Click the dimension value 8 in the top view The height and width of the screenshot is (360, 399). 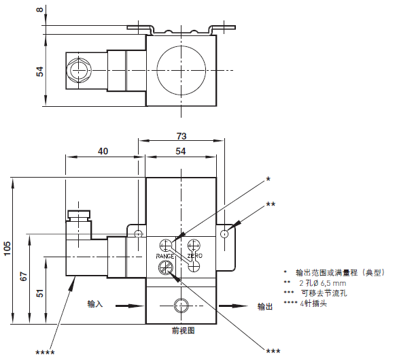(x=39, y=12)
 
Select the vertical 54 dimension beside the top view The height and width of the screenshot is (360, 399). (x=39, y=71)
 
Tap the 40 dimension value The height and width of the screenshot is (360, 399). (x=103, y=151)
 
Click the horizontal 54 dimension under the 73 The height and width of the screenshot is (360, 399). (x=181, y=151)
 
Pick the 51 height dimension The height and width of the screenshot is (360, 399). (x=39, y=293)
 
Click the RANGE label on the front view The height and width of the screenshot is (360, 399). (x=167, y=255)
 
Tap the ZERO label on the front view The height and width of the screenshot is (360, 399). (x=194, y=255)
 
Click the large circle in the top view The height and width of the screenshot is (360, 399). (x=181, y=70)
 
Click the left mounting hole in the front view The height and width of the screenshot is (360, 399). (x=139, y=234)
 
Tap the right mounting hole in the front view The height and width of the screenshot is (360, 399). (x=224, y=234)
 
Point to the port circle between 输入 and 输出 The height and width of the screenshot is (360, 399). (x=180, y=305)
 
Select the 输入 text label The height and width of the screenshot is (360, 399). (x=95, y=304)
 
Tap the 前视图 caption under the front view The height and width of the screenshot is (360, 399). (x=184, y=330)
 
